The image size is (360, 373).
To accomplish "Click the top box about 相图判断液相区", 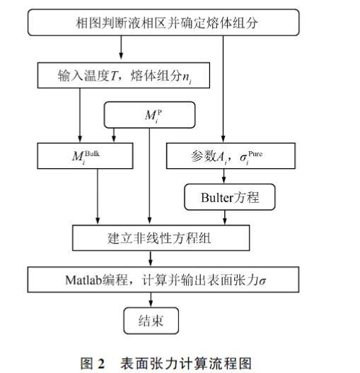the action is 163,23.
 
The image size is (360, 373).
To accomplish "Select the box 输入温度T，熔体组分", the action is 124,76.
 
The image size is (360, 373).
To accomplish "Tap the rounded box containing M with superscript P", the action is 149,115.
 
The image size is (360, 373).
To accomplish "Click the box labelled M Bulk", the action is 85,156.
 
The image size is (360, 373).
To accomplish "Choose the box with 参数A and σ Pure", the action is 231,156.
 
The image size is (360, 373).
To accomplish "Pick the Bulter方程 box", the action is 230,197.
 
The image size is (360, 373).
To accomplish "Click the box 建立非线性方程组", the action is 161,238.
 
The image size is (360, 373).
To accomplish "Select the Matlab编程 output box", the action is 163,280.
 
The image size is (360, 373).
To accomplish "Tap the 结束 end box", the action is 151,321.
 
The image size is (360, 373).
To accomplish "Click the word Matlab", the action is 83,280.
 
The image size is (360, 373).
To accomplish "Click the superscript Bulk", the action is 92,153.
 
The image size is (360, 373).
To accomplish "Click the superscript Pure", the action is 255,154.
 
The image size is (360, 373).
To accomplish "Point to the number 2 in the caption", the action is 101,364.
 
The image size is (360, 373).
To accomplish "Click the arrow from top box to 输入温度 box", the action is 121,47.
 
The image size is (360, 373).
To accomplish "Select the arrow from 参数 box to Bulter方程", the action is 223,177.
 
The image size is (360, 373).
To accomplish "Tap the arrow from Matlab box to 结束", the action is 151,300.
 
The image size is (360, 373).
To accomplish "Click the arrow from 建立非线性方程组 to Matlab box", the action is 151,259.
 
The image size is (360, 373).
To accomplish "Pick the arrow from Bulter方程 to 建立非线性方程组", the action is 224,218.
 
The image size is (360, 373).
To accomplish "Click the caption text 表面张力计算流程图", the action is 186,364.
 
